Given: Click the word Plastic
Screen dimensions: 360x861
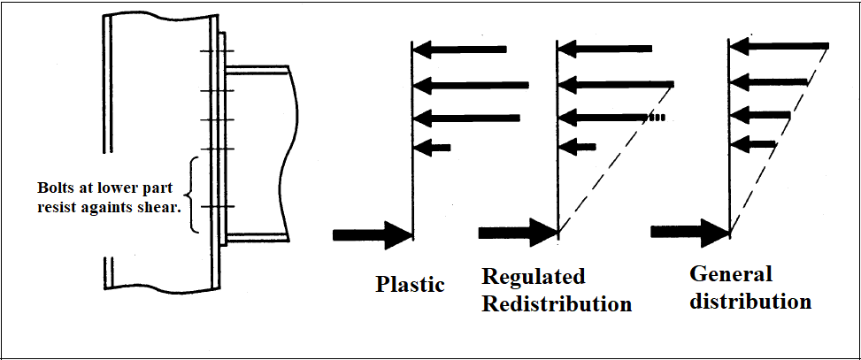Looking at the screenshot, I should [x=410, y=284].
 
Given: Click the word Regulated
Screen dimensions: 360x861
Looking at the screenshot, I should [x=534, y=277].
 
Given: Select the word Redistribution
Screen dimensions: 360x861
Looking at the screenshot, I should [x=557, y=304].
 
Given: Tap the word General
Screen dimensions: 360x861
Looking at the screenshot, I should [x=731, y=273].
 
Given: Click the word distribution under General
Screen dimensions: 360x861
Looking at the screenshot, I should [x=750, y=301].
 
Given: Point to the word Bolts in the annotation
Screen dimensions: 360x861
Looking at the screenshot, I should [x=57, y=188].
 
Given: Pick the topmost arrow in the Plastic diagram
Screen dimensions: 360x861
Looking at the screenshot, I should [x=461, y=49].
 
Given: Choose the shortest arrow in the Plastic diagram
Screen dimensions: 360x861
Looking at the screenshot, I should [x=433, y=147].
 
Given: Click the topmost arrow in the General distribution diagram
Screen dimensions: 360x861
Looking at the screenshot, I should [x=778, y=46].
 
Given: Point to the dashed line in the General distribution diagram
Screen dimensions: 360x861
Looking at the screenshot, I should [x=779, y=142].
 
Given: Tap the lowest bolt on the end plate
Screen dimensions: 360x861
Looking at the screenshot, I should [x=214, y=207].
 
